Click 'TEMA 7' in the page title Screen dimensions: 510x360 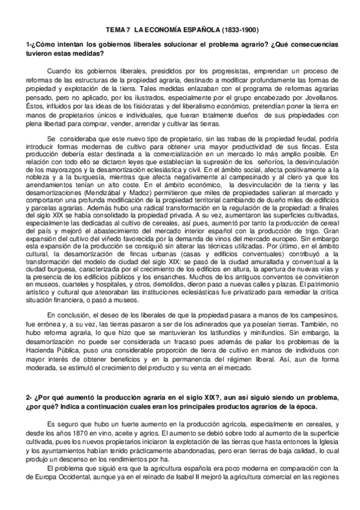click(x=117, y=29)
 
